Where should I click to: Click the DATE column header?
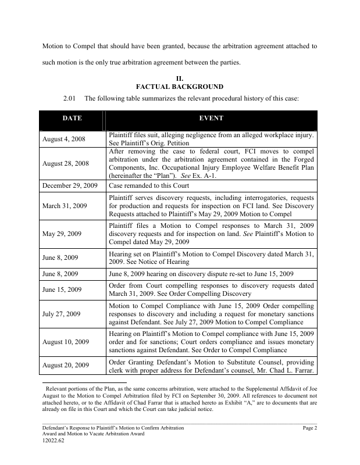tap(72, 118)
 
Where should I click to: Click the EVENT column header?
tap(211, 118)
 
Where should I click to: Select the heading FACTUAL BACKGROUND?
tap(180, 87)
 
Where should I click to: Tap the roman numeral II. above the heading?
tap(180, 78)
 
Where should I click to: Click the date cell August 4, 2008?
tap(65, 139)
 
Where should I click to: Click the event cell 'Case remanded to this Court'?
tap(149, 185)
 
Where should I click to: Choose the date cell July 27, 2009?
tap(62, 314)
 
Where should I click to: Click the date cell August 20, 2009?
tap(66, 366)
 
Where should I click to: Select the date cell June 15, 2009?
tap(62, 289)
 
